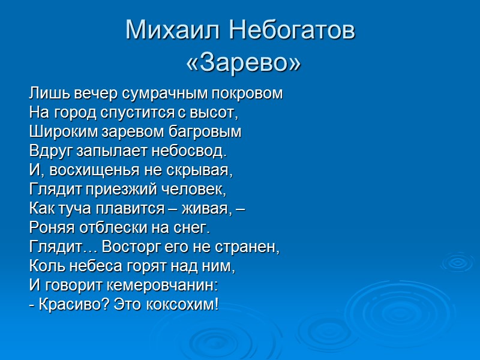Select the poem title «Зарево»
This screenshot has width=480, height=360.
pos(243,62)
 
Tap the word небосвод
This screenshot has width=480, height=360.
pos(195,151)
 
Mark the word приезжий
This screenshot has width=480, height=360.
pos(129,189)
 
